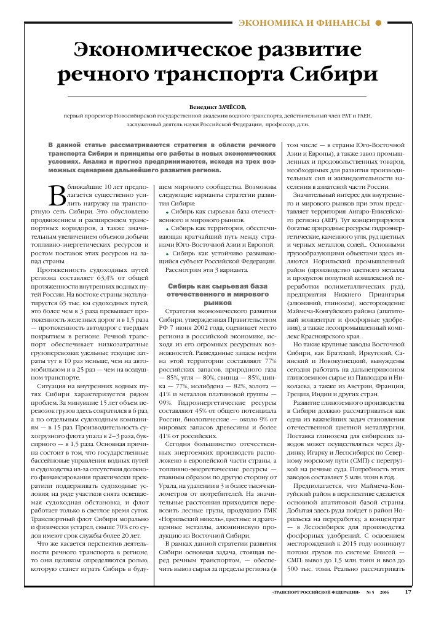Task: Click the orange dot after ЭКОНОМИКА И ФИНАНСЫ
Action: point(379,23)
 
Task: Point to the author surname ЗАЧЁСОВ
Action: point(228,106)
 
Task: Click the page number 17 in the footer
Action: point(408,592)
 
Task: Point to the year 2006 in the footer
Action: point(384,593)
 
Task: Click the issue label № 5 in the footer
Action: point(370,593)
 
